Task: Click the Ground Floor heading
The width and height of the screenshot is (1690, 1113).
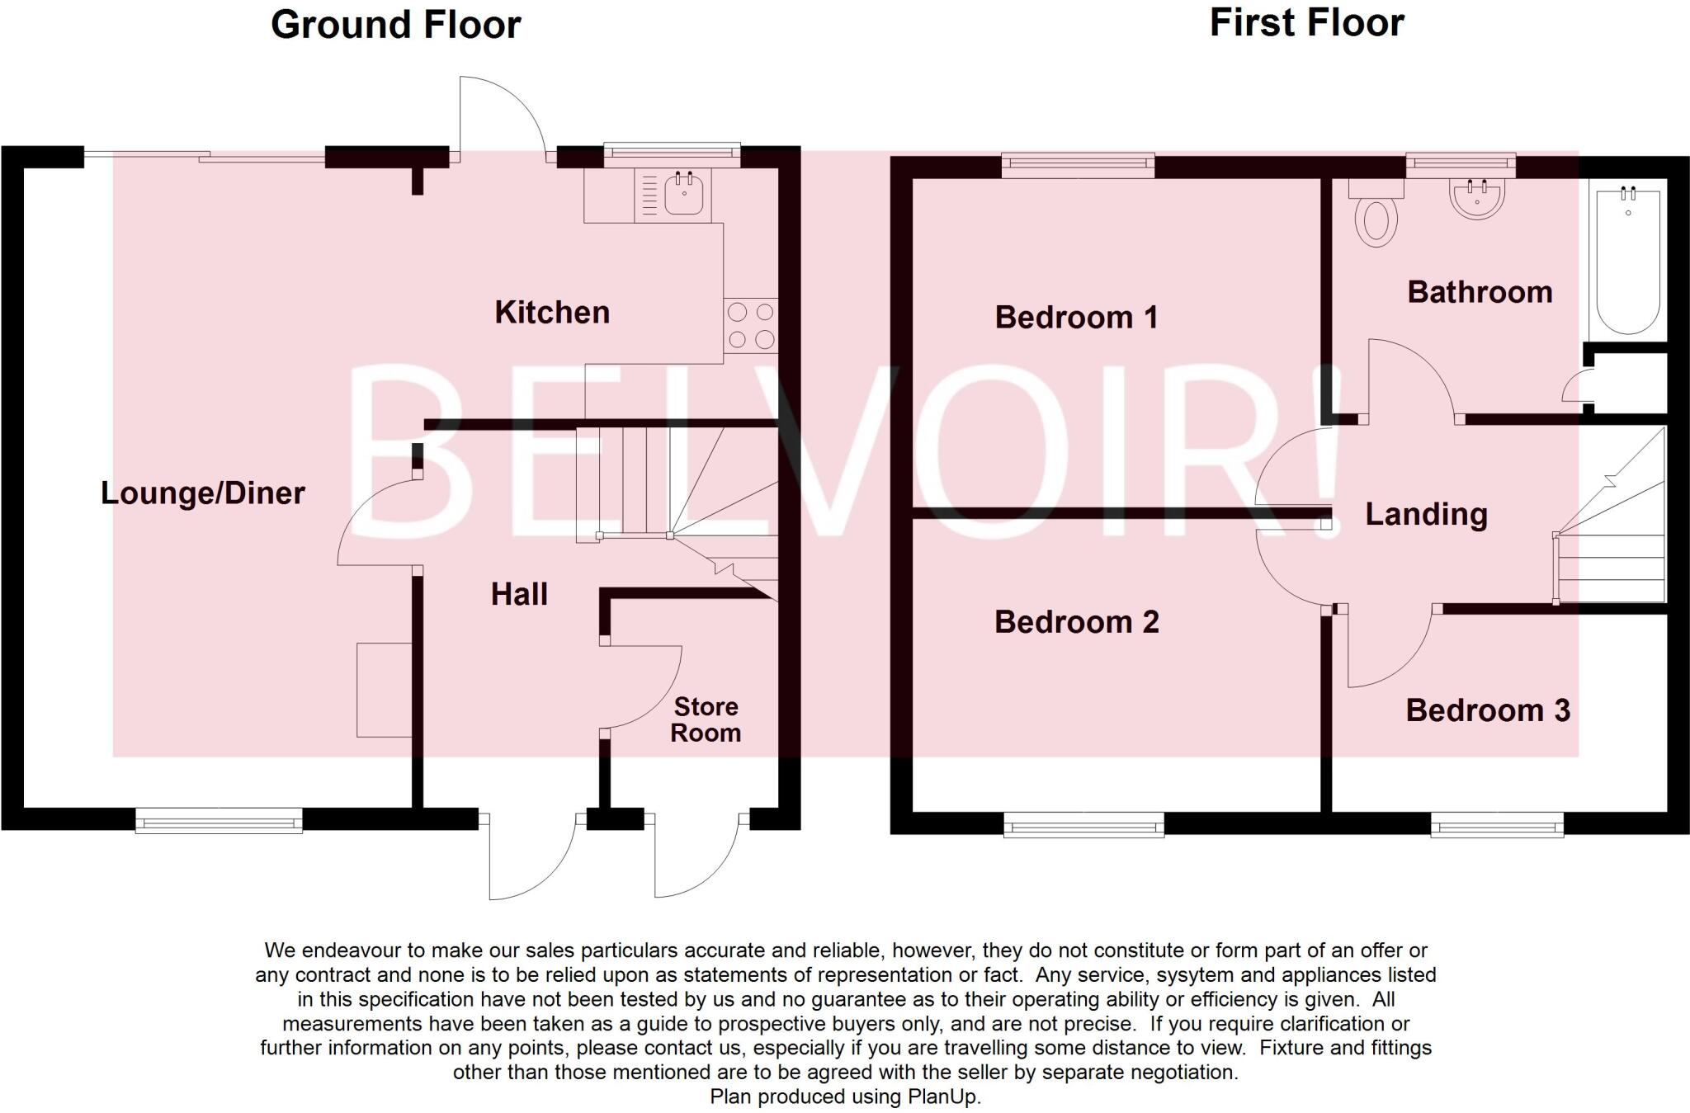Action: point(395,25)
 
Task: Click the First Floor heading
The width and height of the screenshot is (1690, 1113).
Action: point(1306,23)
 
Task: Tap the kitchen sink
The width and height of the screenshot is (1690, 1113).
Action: point(683,195)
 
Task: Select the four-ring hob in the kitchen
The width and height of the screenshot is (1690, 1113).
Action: point(751,326)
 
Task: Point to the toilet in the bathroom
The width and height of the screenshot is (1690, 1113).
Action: point(1376,217)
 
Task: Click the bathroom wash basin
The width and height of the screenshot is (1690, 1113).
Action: point(1477,199)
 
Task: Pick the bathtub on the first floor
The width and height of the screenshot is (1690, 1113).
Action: point(1627,261)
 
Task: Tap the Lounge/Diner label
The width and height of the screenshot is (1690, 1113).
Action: point(203,493)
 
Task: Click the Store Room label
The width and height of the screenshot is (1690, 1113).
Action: point(706,719)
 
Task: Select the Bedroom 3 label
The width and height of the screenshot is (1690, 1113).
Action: point(1488,710)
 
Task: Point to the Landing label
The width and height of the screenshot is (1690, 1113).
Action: point(1426,514)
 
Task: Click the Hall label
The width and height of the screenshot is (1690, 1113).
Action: point(519,594)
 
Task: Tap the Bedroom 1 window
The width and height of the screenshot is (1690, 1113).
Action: point(1078,166)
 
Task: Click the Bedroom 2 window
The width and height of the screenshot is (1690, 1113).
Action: point(1083,824)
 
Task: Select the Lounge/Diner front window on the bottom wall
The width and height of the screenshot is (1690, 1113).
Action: point(219,821)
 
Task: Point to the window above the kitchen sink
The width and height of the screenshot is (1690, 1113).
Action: point(672,153)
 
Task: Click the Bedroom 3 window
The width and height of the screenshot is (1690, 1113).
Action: point(1497,824)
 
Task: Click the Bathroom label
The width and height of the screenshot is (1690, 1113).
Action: point(1480,292)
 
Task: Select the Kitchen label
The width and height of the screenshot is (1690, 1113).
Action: point(552,313)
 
